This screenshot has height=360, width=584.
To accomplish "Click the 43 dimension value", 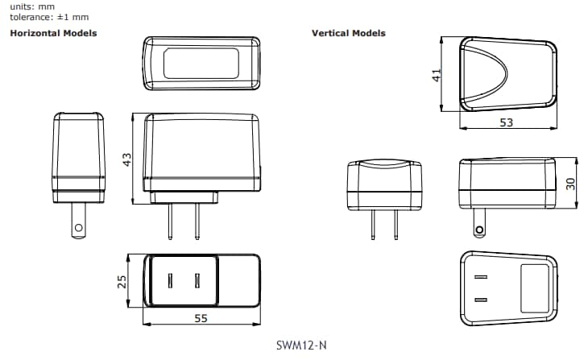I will [126, 159].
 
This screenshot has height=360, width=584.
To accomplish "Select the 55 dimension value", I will [201, 318].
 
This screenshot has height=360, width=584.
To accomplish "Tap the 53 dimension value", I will [507, 122].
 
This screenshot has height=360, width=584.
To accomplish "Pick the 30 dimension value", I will [570, 184].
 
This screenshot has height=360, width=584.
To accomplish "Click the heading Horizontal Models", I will [53, 33].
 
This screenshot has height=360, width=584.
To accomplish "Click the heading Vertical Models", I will [349, 33].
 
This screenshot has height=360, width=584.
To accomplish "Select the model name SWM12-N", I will [300, 345].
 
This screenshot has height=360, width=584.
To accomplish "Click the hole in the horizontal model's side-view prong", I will [78, 228].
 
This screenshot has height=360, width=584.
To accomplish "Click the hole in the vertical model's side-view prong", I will [480, 231].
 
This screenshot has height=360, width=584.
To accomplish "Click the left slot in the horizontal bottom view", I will [171, 280].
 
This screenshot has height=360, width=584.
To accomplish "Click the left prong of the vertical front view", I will [372, 225].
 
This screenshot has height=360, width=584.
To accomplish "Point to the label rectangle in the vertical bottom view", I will [533, 288].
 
